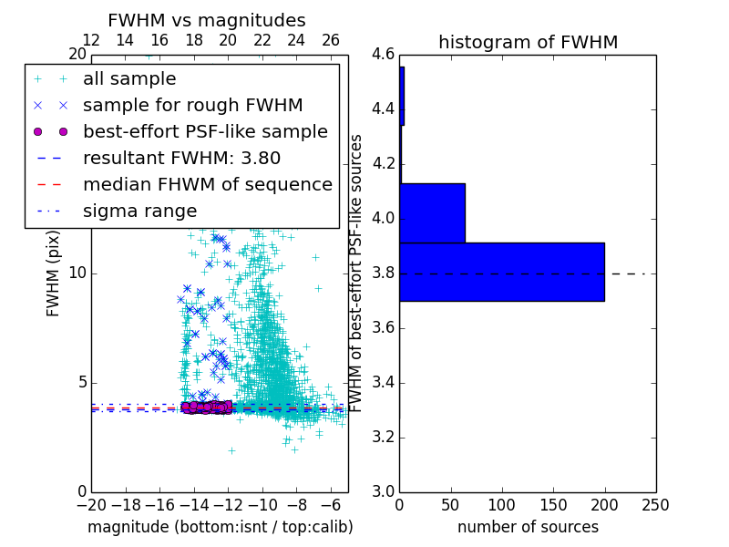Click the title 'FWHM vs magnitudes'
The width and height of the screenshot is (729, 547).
(207, 20)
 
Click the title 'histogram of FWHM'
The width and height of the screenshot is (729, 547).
(528, 42)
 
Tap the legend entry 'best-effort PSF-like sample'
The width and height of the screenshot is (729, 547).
(205, 131)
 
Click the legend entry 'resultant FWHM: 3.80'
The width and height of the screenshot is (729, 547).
(181, 158)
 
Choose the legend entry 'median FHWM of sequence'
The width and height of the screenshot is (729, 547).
(207, 184)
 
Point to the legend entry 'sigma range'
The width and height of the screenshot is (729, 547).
(139, 211)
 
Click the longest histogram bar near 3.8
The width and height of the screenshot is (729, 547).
(501, 272)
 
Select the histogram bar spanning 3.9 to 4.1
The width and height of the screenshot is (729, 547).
(432, 212)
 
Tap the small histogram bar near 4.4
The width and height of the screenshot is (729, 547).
(402, 96)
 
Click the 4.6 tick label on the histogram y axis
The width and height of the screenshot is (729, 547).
(383, 55)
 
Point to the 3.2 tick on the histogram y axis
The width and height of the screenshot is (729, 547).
(383, 437)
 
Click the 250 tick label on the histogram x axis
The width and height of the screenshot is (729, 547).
(655, 505)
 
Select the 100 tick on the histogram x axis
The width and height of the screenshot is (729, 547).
(502, 505)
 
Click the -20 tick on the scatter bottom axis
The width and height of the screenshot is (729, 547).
(91, 505)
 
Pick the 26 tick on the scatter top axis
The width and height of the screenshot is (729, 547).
(331, 40)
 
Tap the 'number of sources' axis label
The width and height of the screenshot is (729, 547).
(528, 527)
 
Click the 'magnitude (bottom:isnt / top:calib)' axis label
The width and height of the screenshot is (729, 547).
(220, 527)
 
